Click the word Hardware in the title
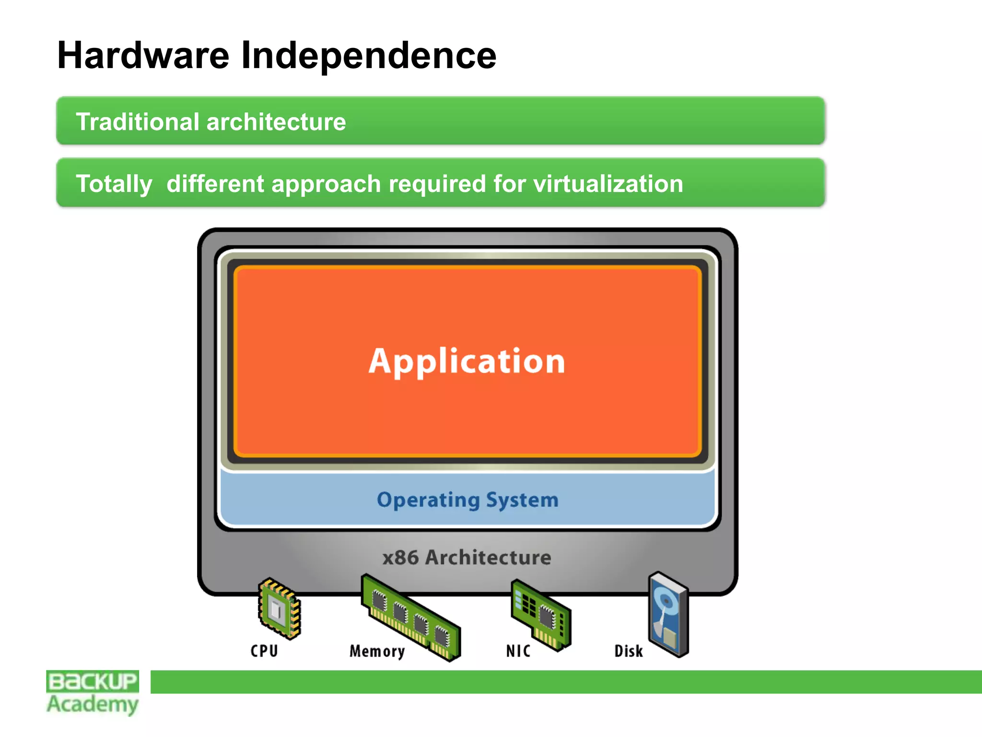(x=143, y=56)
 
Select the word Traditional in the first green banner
(x=137, y=121)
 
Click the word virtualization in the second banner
(x=608, y=184)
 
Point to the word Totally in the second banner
(x=114, y=184)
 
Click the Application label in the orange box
(x=467, y=361)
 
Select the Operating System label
(x=468, y=500)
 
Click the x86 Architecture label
(x=467, y=558)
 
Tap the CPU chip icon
(x=280, y=608)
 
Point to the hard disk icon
(x=668, y=614)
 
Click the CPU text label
(x=264, y=651)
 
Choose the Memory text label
(x=377, y=651)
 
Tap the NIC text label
(x=518, y=651)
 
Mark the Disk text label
(x=629, y=651)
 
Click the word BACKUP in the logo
(x=93, y=681)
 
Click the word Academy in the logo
(x=93, y=704)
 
